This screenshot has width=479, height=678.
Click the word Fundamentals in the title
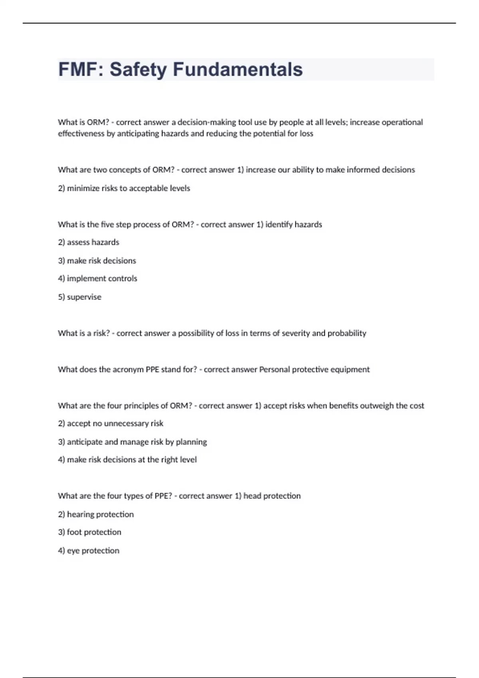tap(238, 69)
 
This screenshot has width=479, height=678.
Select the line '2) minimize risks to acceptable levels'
tap(124, 188)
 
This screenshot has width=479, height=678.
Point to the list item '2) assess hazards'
tap(89, 242)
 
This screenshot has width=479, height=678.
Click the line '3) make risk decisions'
tap(97, 260)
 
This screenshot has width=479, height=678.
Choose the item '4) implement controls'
tap(97, 278)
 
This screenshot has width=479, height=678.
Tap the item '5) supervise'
tap(79, 297)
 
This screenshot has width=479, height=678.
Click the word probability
tap(346, 333)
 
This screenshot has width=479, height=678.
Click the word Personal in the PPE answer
tap(274, 369)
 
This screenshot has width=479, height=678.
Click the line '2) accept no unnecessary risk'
tap(111, 423)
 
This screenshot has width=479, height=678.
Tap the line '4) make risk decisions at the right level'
tap(127, 459)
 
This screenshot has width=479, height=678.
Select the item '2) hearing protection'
tap(96, 514)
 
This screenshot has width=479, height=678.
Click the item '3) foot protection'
tap(89, 532)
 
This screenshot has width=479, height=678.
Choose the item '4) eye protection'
tap(89, 550)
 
